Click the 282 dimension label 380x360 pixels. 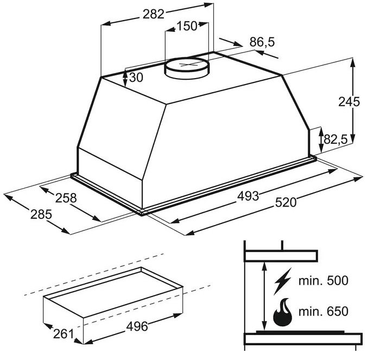pyautogui.click(x=154, y=14)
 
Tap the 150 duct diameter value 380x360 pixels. pyautogui.click(x=187, y=26)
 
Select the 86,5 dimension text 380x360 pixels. pyautogui.click(x=262, y=42)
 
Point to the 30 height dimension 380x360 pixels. pyautogui.click(x=136, y=78)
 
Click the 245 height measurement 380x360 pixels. pyautogui.click(x=349, y=102)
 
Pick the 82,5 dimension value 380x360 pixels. pyautogui.click(x=335, y=139)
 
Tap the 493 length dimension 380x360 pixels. pyautogui.click(x=248, y=196)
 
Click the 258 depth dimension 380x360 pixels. pyautogui.click(x=66, y=198)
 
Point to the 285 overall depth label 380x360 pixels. pyautogui.click(x=41, y=215)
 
